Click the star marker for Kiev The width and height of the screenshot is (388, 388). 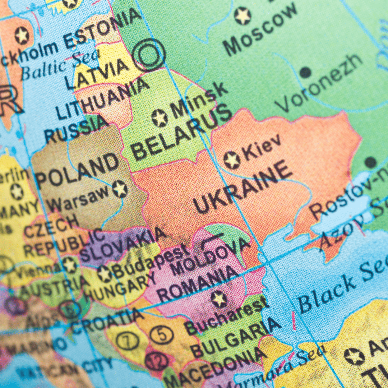point(232,160)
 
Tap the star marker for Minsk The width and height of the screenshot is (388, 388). point(160,118)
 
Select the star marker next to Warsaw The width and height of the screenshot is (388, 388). point(120,189)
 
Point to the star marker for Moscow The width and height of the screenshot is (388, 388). point(242,16)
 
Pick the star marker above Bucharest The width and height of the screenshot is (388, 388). point(219,299)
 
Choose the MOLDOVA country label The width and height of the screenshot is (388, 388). point(210,255)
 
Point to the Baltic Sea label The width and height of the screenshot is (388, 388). point(60,65)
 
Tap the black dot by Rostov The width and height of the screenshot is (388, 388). point(370,162)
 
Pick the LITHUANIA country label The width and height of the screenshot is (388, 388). point(102,98)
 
